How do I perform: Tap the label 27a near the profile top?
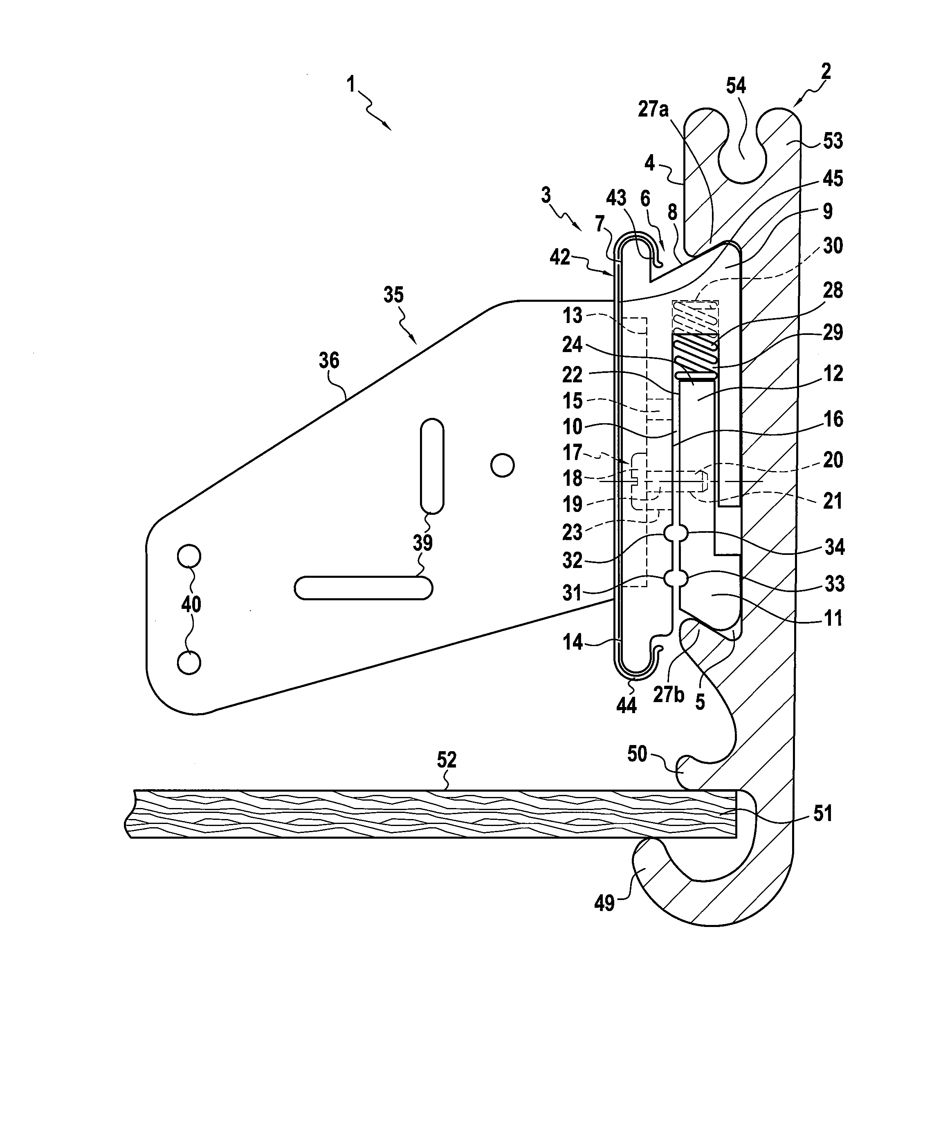pos(653,110)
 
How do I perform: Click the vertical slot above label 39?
pos(432,466)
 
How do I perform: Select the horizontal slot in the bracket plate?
pos(363,588)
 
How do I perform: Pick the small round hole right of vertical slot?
pos(503,465)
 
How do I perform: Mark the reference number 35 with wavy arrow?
pos(393,295)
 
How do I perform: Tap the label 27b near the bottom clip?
pos(668,695)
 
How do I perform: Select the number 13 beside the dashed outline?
pos(573,315)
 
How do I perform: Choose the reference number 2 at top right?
pos(826,71)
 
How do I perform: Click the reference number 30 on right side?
pos(833,246)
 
